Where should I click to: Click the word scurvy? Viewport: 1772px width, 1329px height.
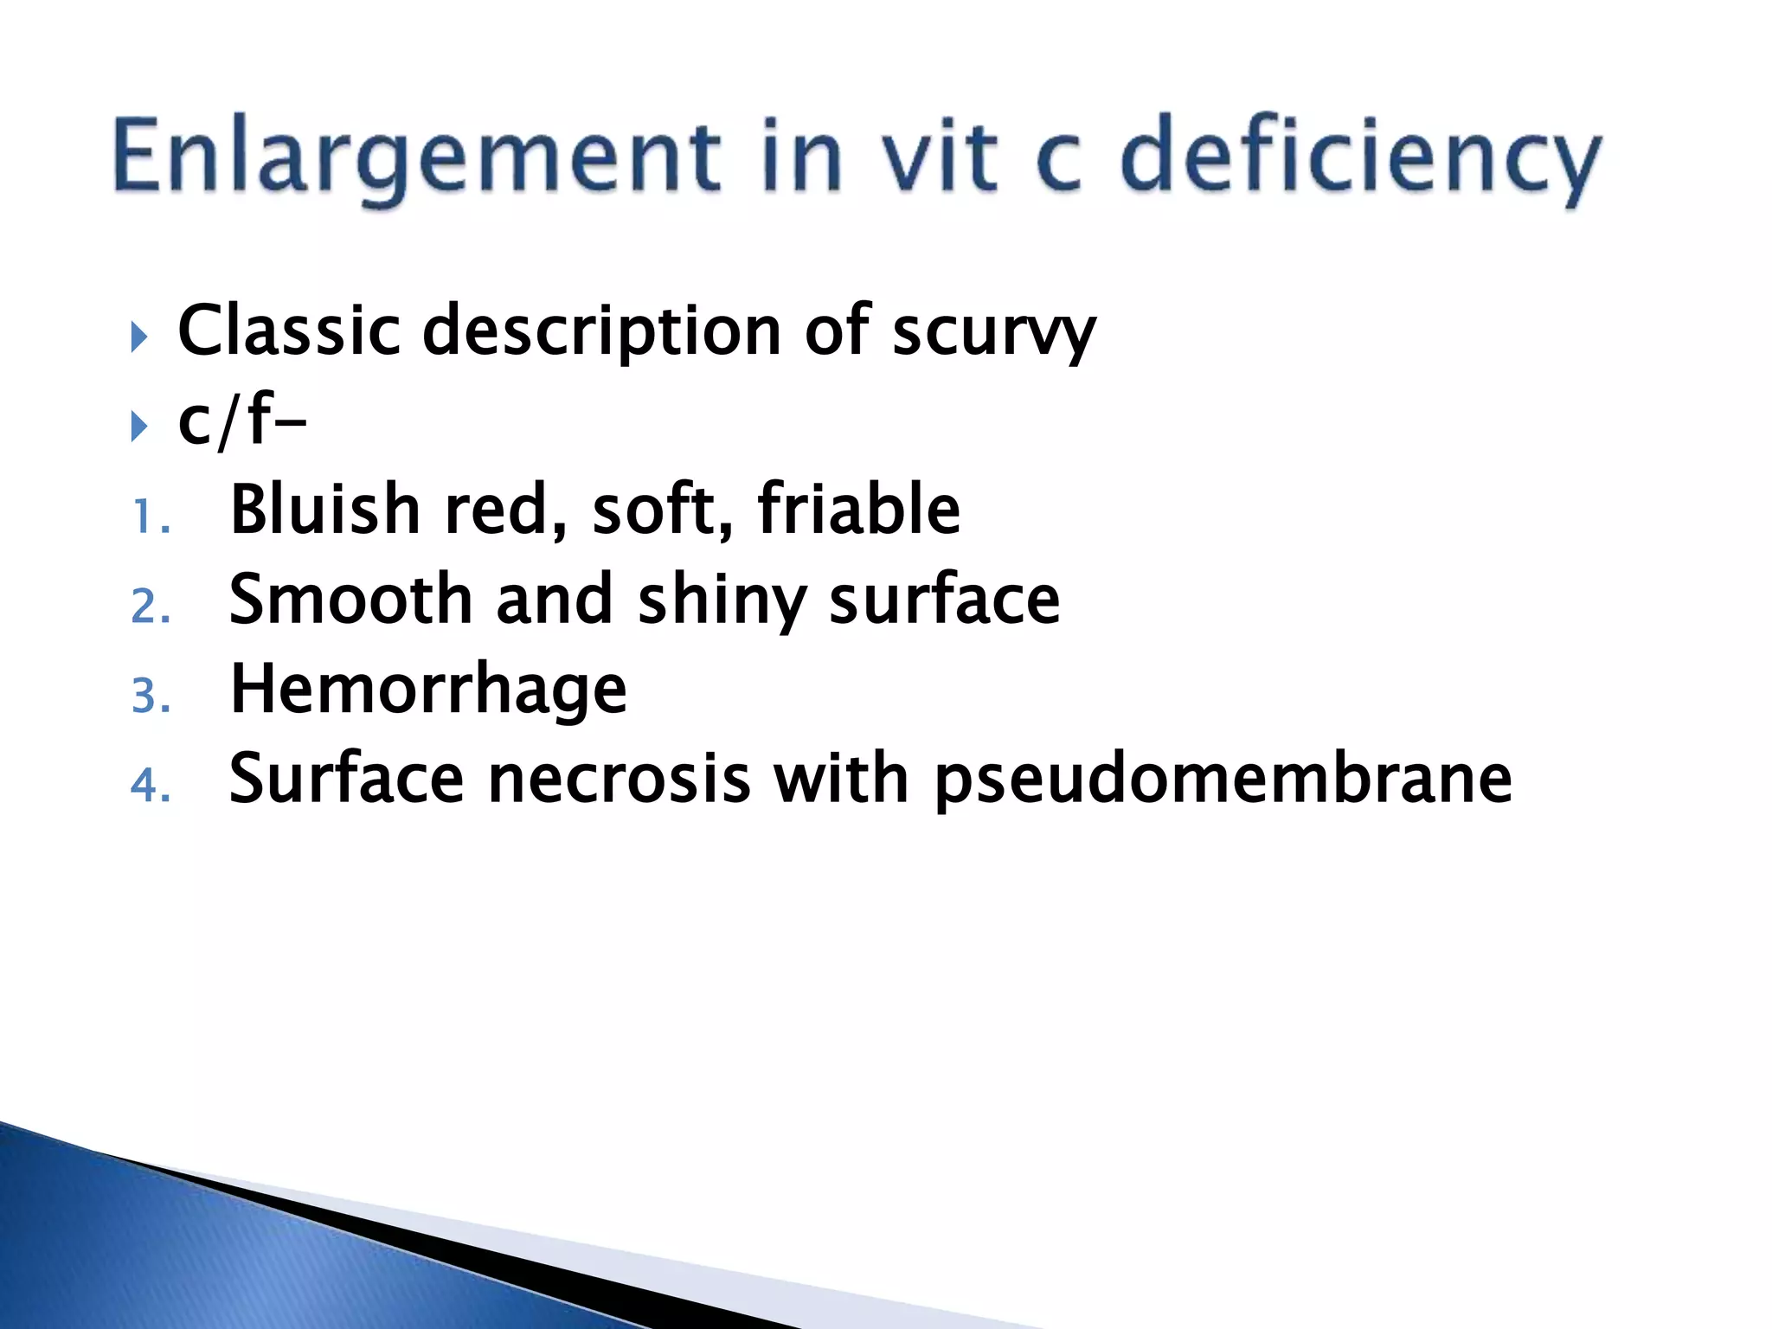coord(994,331)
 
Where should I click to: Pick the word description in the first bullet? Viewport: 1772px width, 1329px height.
coord(602,331)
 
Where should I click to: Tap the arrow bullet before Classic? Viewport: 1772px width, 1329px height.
coord(139,337)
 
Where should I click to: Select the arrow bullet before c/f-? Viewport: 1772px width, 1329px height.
coord(139,426)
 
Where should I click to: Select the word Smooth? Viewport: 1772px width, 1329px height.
coord(350,599)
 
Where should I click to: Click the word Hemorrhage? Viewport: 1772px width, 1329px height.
coord(428,690)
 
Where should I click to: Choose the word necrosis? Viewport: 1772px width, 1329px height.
coord(620,779)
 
